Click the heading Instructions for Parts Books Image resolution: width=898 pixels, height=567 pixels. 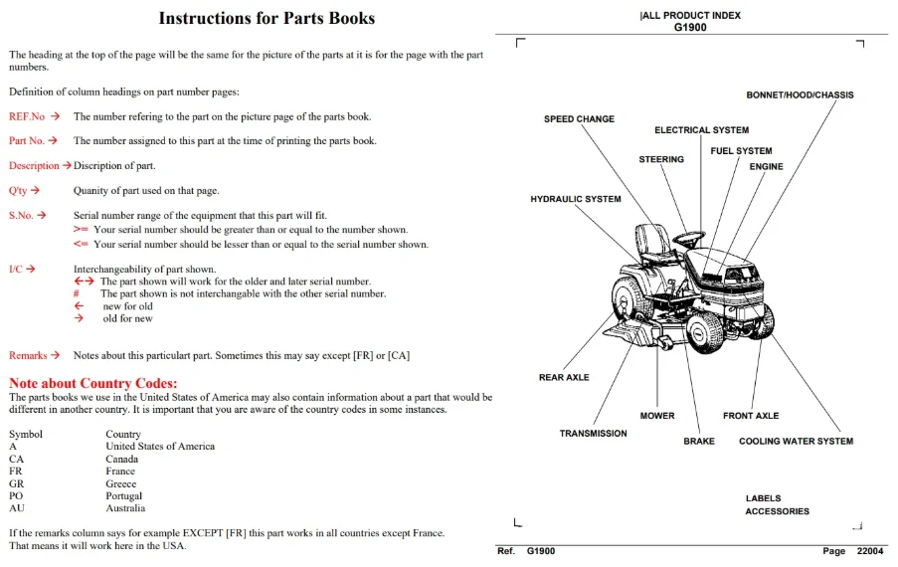coord(267,18)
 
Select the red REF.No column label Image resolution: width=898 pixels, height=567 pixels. coord(26,116)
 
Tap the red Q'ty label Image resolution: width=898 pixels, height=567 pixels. coord(18,191)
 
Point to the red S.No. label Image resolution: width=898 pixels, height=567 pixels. coord(21,215)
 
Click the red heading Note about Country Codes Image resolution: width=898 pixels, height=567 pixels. coord(92,383)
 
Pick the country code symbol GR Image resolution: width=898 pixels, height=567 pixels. coord(16,483)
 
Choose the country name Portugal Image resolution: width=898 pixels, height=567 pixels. coord(123,496)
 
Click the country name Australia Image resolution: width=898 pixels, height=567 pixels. coord(125,508)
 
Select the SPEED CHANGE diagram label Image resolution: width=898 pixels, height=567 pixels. coord(579,119)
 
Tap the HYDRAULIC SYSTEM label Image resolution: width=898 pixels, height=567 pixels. coord(576,199)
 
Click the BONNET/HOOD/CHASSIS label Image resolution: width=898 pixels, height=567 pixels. coord(800,95)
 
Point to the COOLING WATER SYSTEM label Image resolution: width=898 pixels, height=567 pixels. coord(796,441)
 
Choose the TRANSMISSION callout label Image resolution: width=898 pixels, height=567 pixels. coord(594,434)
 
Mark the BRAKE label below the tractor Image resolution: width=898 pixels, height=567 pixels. coord(699,441)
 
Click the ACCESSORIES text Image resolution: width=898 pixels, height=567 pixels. coord(777,511)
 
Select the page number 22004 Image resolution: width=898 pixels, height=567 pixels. coord(870,551)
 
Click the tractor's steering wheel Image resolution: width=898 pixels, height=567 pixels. coord(689,237)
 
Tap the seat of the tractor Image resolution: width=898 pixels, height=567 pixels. coord(652,241)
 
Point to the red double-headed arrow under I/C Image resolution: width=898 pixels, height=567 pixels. coord(84,282)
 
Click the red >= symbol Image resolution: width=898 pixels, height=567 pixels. coord(81,229)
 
